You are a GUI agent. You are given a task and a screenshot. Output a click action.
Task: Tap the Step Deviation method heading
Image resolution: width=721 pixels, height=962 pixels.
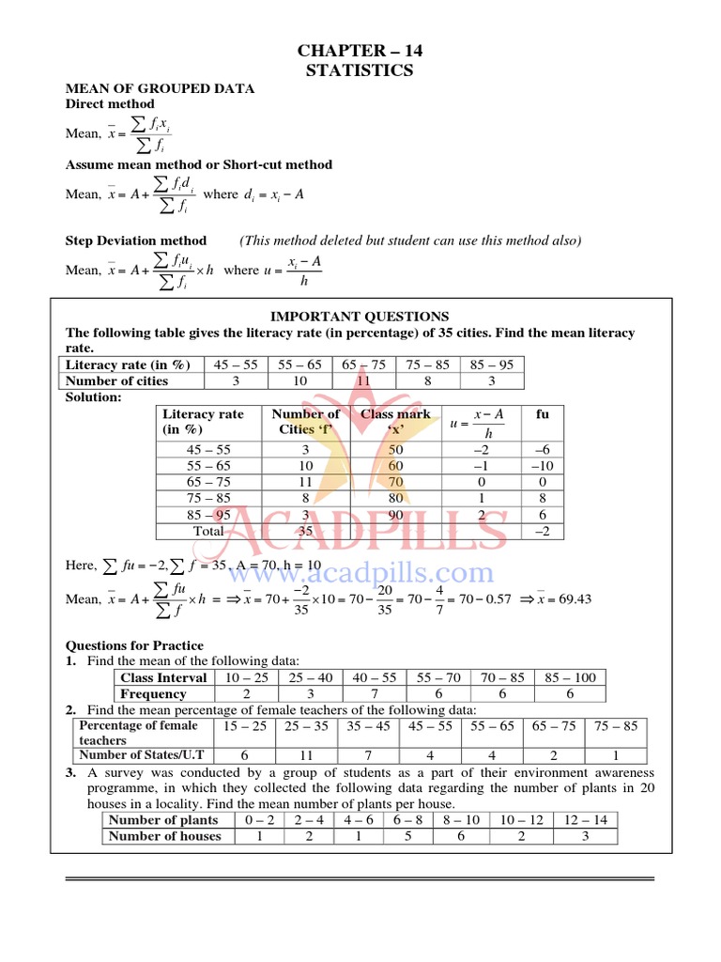135,240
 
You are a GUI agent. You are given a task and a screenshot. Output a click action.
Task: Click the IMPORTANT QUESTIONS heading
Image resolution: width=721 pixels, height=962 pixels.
360,317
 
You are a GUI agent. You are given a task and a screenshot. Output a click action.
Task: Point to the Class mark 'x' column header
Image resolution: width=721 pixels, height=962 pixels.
395,422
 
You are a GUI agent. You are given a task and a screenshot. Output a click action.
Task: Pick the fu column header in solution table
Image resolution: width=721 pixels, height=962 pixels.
543,413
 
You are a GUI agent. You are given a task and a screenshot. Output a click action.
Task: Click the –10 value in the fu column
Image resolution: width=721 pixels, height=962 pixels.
543,466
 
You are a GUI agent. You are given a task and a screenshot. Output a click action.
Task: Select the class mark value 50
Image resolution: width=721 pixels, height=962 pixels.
395,450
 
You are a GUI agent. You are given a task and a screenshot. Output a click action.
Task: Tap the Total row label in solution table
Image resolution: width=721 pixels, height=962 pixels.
208,531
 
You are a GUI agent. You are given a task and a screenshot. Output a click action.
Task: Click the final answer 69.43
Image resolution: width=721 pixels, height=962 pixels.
572,599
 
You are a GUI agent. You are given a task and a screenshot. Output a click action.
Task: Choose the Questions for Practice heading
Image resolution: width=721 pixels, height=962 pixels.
134,645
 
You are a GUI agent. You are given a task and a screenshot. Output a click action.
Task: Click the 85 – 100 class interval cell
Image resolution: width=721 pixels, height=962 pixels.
569,677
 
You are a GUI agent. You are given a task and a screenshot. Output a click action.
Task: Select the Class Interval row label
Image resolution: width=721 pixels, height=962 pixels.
163,677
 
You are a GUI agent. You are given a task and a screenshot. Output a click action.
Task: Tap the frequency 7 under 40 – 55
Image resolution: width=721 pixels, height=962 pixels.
373,694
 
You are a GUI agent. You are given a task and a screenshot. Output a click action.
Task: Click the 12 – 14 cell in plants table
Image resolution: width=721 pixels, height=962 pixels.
585,819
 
